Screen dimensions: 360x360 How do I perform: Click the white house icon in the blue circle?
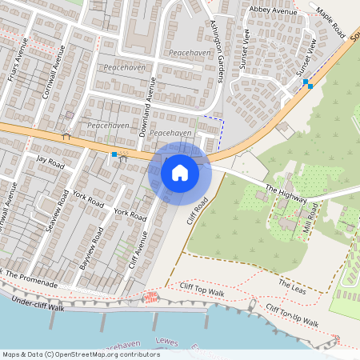coord(180,172)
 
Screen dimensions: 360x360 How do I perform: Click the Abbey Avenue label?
coord(273,10)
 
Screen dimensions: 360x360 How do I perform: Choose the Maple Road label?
coord(329,24)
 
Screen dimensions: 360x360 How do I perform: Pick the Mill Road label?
coord(312,217)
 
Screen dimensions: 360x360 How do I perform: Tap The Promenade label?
coord(32,279)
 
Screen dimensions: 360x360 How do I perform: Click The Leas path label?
coord(293,285)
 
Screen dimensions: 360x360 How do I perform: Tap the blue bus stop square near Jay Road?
coord(114,154)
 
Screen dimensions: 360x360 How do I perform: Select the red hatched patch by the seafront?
coord(150,298)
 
